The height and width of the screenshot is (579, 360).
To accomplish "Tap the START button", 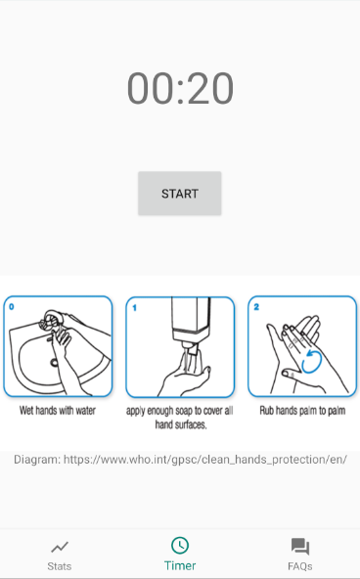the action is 180,193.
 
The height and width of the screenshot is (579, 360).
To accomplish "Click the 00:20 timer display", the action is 180,89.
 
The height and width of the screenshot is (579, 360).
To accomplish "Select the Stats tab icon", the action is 60,547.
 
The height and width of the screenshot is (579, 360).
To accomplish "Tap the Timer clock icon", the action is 180,545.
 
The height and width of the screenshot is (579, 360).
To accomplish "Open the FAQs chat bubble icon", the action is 300,547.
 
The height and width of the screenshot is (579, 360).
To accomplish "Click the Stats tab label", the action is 60,566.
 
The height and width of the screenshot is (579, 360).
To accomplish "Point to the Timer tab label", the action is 180,565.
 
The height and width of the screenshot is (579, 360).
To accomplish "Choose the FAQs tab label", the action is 300,566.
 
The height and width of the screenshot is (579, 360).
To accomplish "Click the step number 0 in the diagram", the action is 12,306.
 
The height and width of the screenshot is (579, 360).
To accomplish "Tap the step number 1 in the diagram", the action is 134,307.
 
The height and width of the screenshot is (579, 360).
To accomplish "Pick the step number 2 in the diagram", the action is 256,307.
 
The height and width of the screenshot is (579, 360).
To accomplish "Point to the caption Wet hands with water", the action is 58,410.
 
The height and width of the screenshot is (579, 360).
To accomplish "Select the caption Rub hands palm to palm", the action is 302,410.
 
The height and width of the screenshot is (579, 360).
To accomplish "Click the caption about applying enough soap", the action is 180,418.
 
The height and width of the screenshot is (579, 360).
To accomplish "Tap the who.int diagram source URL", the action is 205,460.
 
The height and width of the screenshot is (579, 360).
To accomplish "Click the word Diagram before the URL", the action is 37,460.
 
